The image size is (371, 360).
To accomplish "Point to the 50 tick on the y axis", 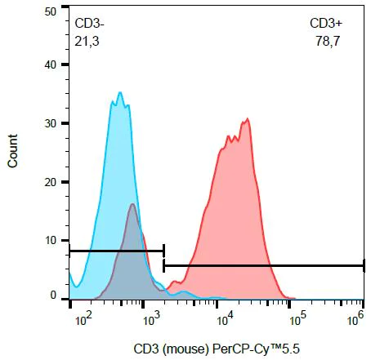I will coord(51,12).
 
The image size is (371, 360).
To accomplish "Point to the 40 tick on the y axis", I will coord(51,64).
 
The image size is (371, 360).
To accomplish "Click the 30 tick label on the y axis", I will coord(51,123).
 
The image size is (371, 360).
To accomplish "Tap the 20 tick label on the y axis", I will coord(51,182).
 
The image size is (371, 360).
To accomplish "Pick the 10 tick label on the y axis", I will coord(51,241).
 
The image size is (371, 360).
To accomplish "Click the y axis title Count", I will coord(12,154).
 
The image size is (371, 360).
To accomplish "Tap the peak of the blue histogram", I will coord(119,93).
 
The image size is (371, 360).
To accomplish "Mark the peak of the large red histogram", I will coord(247,119).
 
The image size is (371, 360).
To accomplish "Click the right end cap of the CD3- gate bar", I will coord(164,251).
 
